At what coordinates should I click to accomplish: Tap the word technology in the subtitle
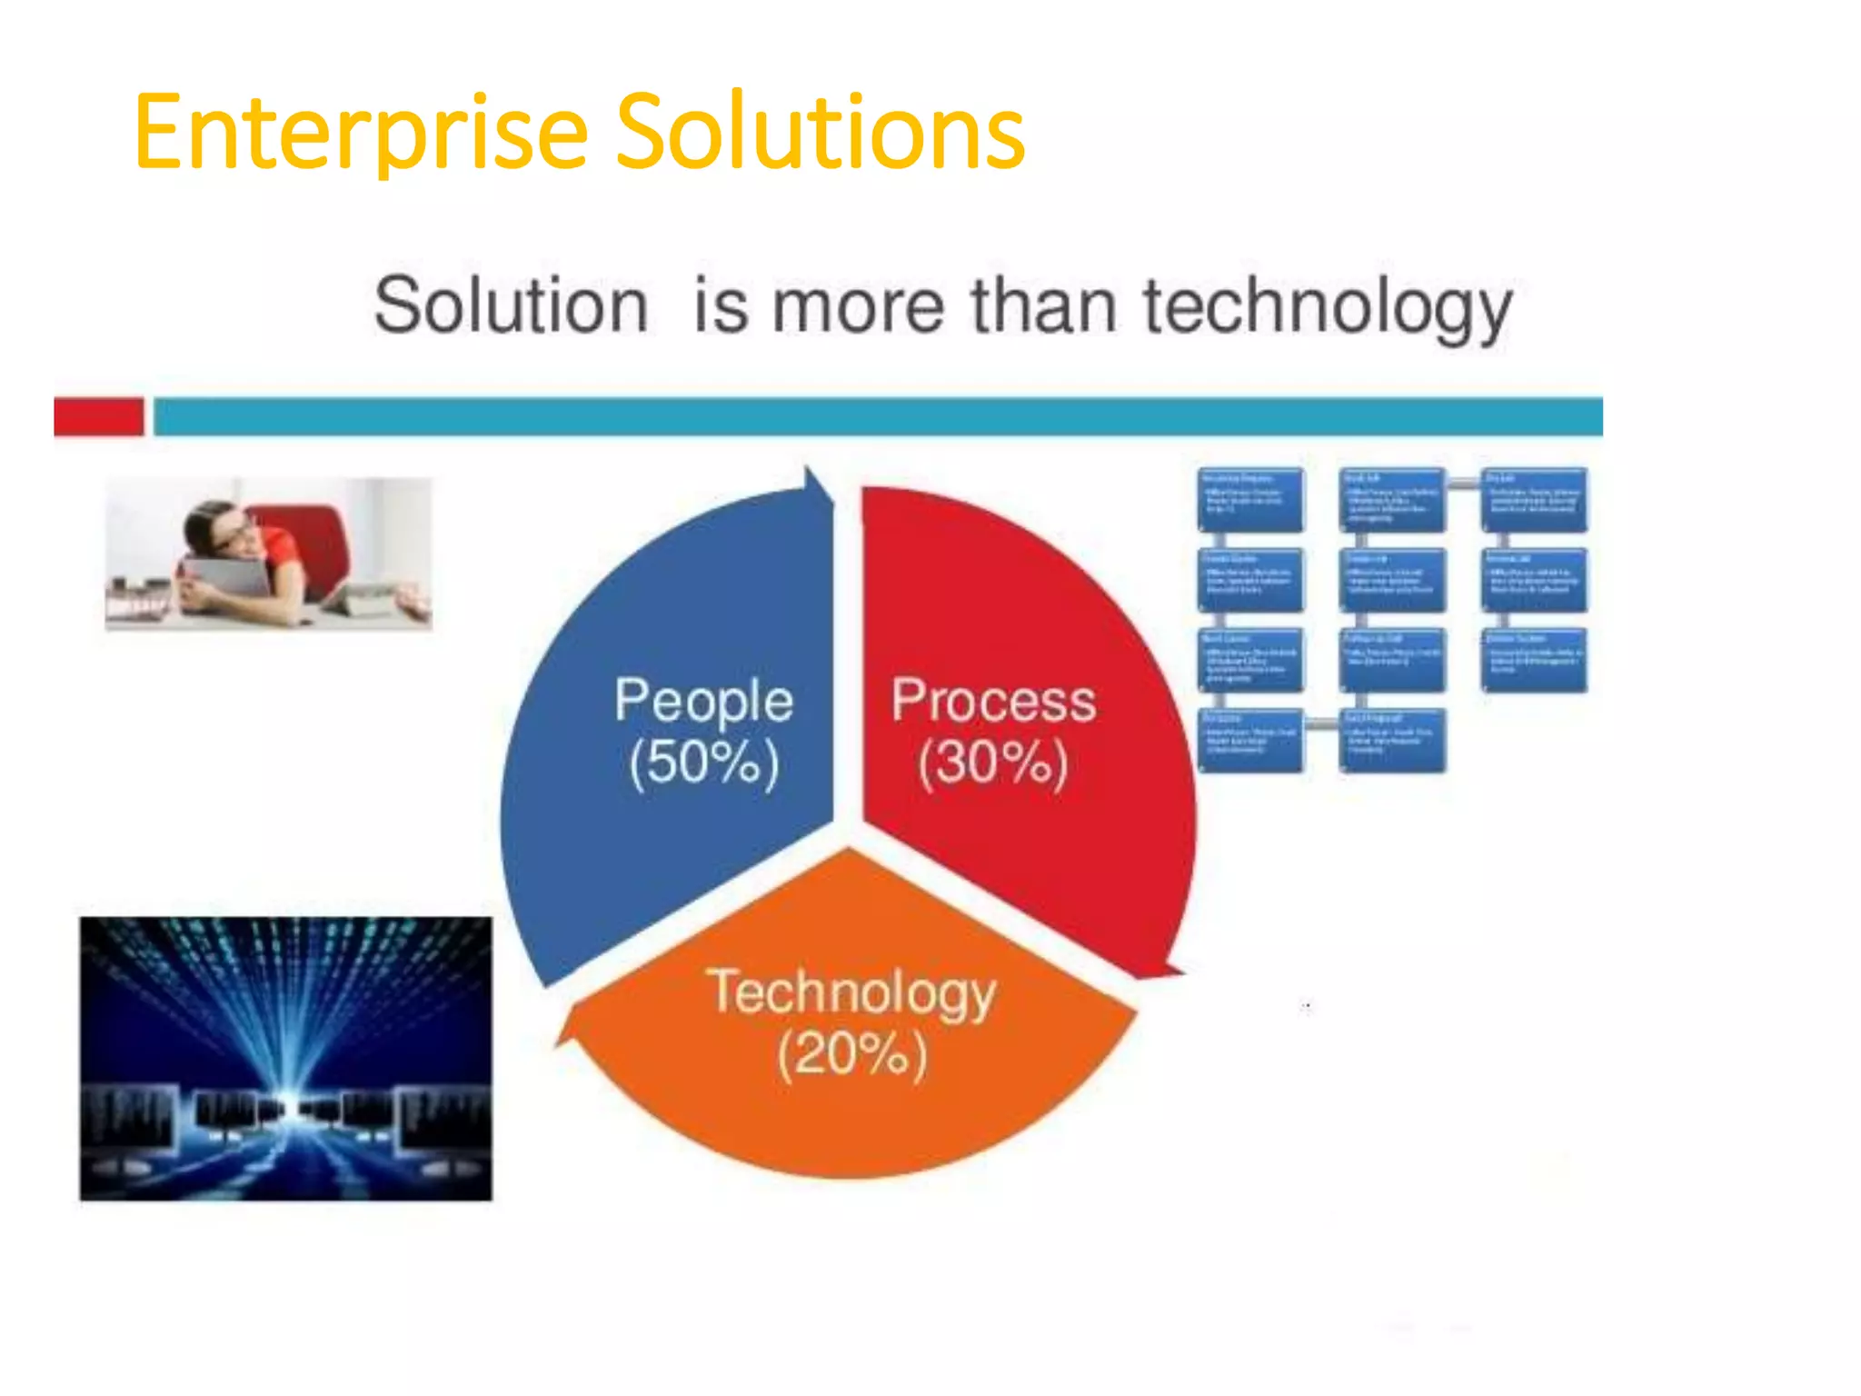(x=1327, y=307)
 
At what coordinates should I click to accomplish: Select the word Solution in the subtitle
(x=511, y=306)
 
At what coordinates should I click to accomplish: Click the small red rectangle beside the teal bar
(x=99, y=416)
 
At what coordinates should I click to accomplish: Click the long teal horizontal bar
(x=877, y=416)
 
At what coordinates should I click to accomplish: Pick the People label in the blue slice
(x=703, y=701)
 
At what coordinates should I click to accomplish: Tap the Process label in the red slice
(x=993, y=701)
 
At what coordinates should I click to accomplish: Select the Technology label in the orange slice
(x=851, y=992)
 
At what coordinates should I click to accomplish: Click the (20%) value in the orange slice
(x=851, y=1053)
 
